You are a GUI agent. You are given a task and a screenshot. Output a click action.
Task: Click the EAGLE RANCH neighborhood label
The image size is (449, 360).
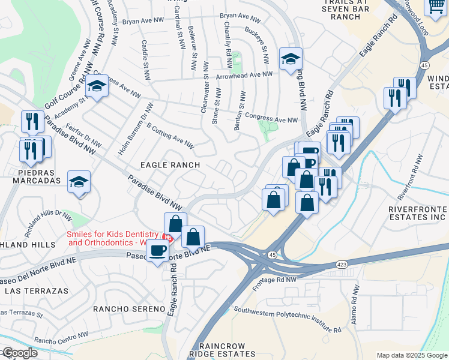pos(170,164)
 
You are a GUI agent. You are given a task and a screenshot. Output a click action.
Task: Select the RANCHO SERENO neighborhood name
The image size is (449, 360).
pos(129,308)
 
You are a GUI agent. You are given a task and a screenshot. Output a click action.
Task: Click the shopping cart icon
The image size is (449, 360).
pos(436,5)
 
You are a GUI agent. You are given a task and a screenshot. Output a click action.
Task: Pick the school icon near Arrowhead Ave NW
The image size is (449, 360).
pos(291,59)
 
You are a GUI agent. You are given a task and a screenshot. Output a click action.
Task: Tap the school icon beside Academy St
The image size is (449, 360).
pos(96,87)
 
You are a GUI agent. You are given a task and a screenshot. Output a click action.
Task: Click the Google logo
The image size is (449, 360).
pos(19,353)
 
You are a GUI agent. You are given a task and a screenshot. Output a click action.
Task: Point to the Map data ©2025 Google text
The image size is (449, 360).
pos(411,355)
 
